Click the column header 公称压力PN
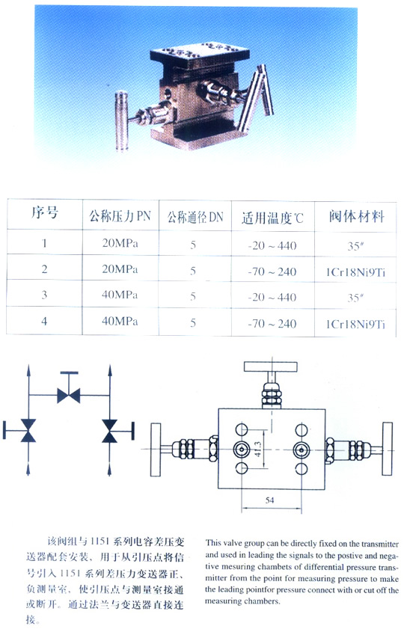click(120, 216)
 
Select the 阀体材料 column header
click(356, 216)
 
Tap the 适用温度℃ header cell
click(272, 218)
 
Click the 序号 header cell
click(44, 212)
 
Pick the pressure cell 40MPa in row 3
click(120, 295)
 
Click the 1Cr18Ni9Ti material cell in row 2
click(356, 272)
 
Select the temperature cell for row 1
click(272, 245)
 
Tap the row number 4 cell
click(44, 322)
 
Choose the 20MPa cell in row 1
click(120, 243)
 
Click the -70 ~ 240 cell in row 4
click(272, 324)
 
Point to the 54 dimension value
click(270, 500)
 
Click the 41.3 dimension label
click(258, 449)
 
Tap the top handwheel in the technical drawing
click(271, 366)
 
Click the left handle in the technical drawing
click(156, 450)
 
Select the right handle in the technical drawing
click(388, 449)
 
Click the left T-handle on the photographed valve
click(122, 121)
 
